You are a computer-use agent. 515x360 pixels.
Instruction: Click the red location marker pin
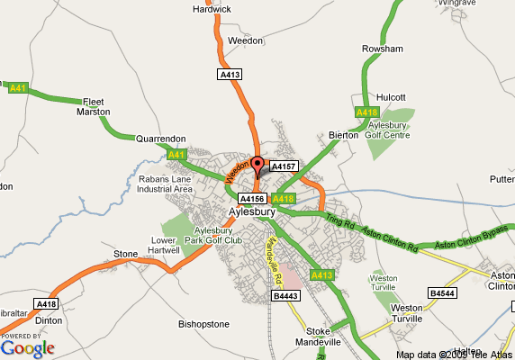tap(257, 166)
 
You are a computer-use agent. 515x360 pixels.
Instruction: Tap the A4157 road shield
tap(284, 166)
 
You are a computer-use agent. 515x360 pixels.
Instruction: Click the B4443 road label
tap(285, 296)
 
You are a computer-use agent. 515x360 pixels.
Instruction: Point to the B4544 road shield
tap(442, 293)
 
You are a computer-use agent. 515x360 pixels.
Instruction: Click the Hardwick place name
tap(212, 9)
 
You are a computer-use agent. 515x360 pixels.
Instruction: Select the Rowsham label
tap(382, 49)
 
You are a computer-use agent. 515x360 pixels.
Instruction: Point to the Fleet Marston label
tap(95, 107)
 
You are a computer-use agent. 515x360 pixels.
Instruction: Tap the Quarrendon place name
tap(160, 139)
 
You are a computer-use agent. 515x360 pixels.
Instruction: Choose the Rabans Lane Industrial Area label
tap(166, 184)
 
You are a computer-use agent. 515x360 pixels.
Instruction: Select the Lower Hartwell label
tap(168, 246)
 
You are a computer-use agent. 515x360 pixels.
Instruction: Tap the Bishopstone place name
tap(204, 323)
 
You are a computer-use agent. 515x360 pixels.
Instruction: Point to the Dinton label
tap(47, 319)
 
